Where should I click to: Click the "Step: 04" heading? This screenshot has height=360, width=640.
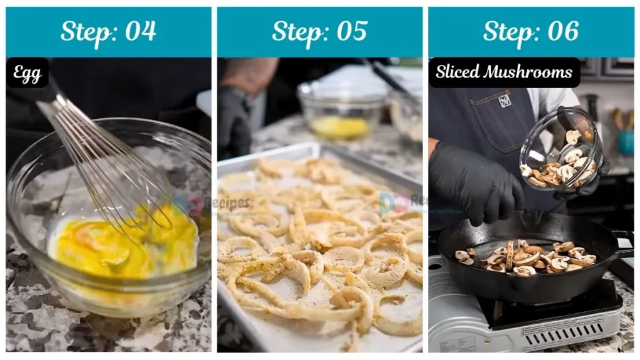tap(108, 31)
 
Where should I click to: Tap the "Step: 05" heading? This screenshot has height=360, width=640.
tap(319, 31)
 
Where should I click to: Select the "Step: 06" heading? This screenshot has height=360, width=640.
tap(531, 31)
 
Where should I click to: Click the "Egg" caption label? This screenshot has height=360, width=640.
tap(27, 74)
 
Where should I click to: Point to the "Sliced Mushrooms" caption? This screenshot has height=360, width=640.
tap(504, 72)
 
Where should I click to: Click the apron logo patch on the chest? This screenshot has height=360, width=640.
tap(504, 101)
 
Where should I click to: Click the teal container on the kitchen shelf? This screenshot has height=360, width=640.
tap(626, 142)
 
